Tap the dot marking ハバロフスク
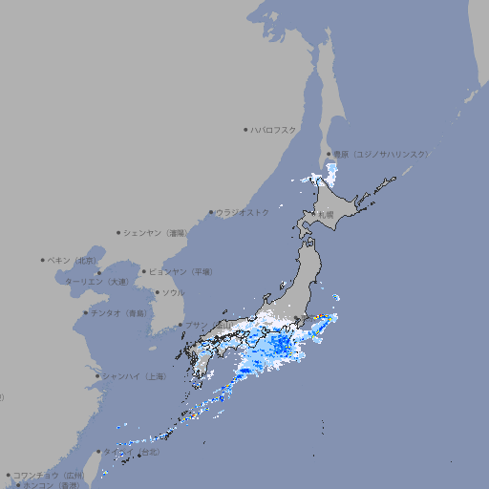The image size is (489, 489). [x=245, y=129]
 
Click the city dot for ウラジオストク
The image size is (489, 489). [x=211, y=212]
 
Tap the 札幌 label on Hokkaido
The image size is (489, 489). [x=326, y=215]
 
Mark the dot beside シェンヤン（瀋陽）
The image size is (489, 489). [x=119, y=232]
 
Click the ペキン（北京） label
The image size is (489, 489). [x=74, y=260]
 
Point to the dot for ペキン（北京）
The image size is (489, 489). [x=43, y=260]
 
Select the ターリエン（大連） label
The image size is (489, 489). [x=96, y=282]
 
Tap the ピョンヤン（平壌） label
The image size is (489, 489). [x=181, y=271]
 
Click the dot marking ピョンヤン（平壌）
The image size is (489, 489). [x=145, y=271]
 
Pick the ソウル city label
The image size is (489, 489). [x=173, y=292]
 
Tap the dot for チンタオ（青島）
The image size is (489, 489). [x=85, y=312]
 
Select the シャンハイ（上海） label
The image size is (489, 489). [x=135, y=376]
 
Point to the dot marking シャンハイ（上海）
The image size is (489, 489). [x=97, y=376]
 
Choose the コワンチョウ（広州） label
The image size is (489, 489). [x=49, y=475]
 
